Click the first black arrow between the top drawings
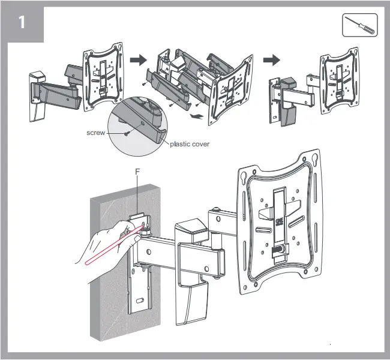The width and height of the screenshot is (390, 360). click(139, 61)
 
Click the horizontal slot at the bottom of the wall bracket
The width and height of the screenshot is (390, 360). click(139, 300)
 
